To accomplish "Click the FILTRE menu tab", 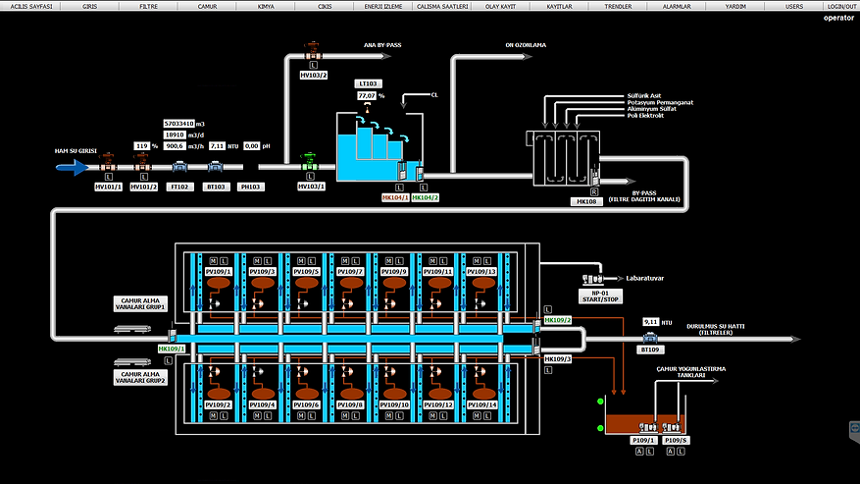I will [148, 6].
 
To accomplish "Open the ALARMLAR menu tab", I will [677, 6].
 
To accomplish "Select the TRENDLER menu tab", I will [618, 6].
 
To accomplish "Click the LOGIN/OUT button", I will [841, 6].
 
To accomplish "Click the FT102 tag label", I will [179, 187].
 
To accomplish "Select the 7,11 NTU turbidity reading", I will [218, 145].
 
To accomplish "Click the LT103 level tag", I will [369, 84].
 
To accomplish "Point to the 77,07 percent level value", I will [366, 96].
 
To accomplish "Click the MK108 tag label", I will [585, 201].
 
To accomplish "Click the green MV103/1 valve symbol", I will [310, 162].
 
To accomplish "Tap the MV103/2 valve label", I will [313, 75].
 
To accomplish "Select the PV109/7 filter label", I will [351, 271].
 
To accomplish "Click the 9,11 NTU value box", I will [652, 321].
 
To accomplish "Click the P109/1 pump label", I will [643, 441].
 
